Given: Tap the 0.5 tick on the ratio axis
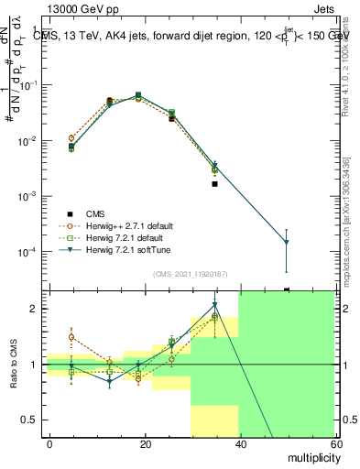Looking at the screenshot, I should [x=31, y=420].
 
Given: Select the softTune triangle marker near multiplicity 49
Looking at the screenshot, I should [x=287, y=243].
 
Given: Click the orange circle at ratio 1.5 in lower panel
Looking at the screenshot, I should [x=71, y=337].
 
